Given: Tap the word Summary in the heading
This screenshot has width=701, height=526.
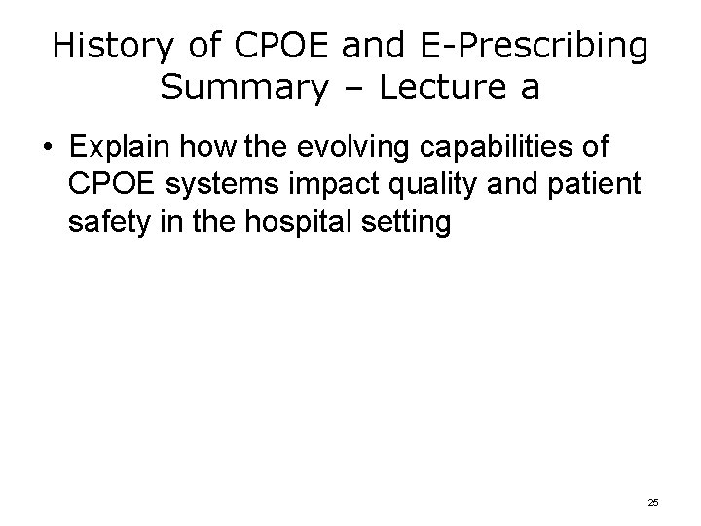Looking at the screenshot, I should point(241,89).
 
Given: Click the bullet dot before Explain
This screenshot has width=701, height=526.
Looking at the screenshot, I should point(47,149).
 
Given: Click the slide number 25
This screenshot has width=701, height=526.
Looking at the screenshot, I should point(652,502).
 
